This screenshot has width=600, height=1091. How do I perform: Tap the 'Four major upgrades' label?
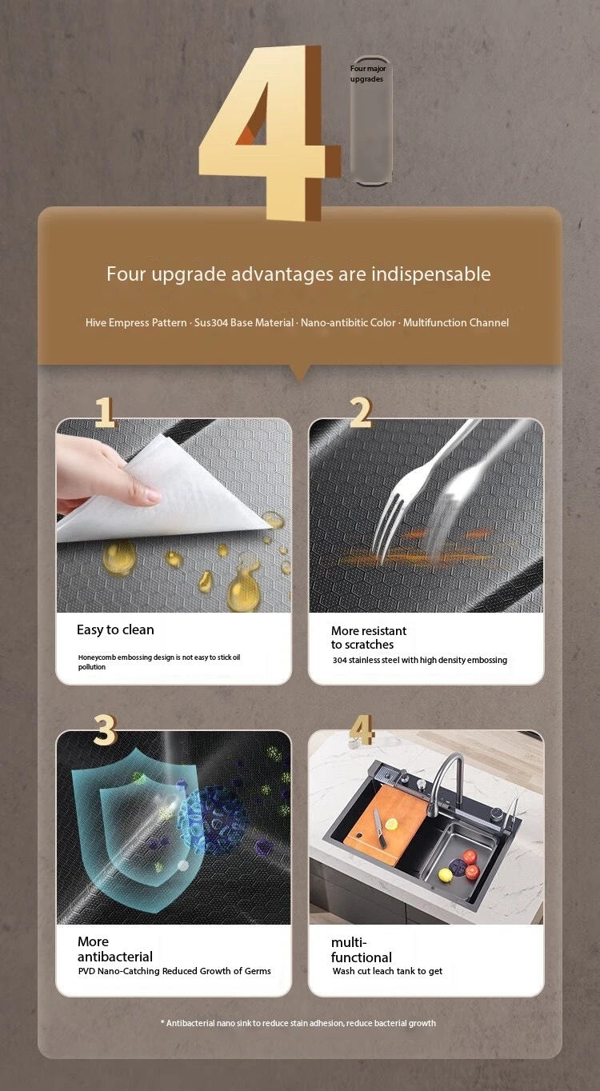click(x=368, y=74)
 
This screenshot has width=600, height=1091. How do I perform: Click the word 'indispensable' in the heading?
click(x=431, y=274)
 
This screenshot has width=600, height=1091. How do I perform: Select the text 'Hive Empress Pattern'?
click(x=136, y=322)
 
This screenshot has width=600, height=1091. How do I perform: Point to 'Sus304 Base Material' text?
click(x=244, y=322)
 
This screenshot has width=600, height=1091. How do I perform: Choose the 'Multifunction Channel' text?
click(x=456, y=322)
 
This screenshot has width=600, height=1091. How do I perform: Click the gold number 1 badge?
click(x=105, y=412)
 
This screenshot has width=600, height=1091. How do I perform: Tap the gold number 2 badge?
click(x=361, y=412)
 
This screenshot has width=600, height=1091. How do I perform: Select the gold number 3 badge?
click(x=105, y=729)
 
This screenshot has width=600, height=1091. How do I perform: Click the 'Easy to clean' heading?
click(x=115, y=629)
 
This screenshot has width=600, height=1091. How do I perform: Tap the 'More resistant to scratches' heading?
click(x=369, y=637)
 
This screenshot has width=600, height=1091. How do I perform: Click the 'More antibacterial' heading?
click(x=115, y=949)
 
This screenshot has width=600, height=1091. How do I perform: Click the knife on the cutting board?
click(x=379, y=828)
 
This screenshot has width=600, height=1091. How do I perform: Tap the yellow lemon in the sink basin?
click(x=445, y=875)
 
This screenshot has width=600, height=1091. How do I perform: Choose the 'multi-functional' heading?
click(x=362, y=949)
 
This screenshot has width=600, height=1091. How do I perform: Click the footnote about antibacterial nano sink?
click(x=298, y=1023)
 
